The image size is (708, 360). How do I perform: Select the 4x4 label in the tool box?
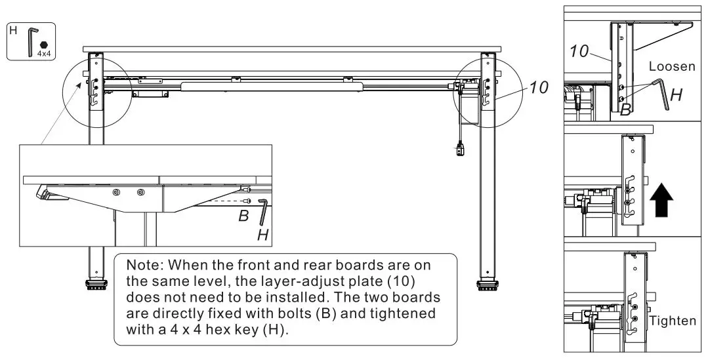(x=44, y=52)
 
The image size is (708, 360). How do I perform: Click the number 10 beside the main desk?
(x=538, y=87)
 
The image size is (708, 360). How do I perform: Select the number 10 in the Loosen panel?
(x=580, y=51)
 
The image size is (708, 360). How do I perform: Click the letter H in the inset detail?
(x=262, y=234)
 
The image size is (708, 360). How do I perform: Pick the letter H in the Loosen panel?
(x=677, y=94)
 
